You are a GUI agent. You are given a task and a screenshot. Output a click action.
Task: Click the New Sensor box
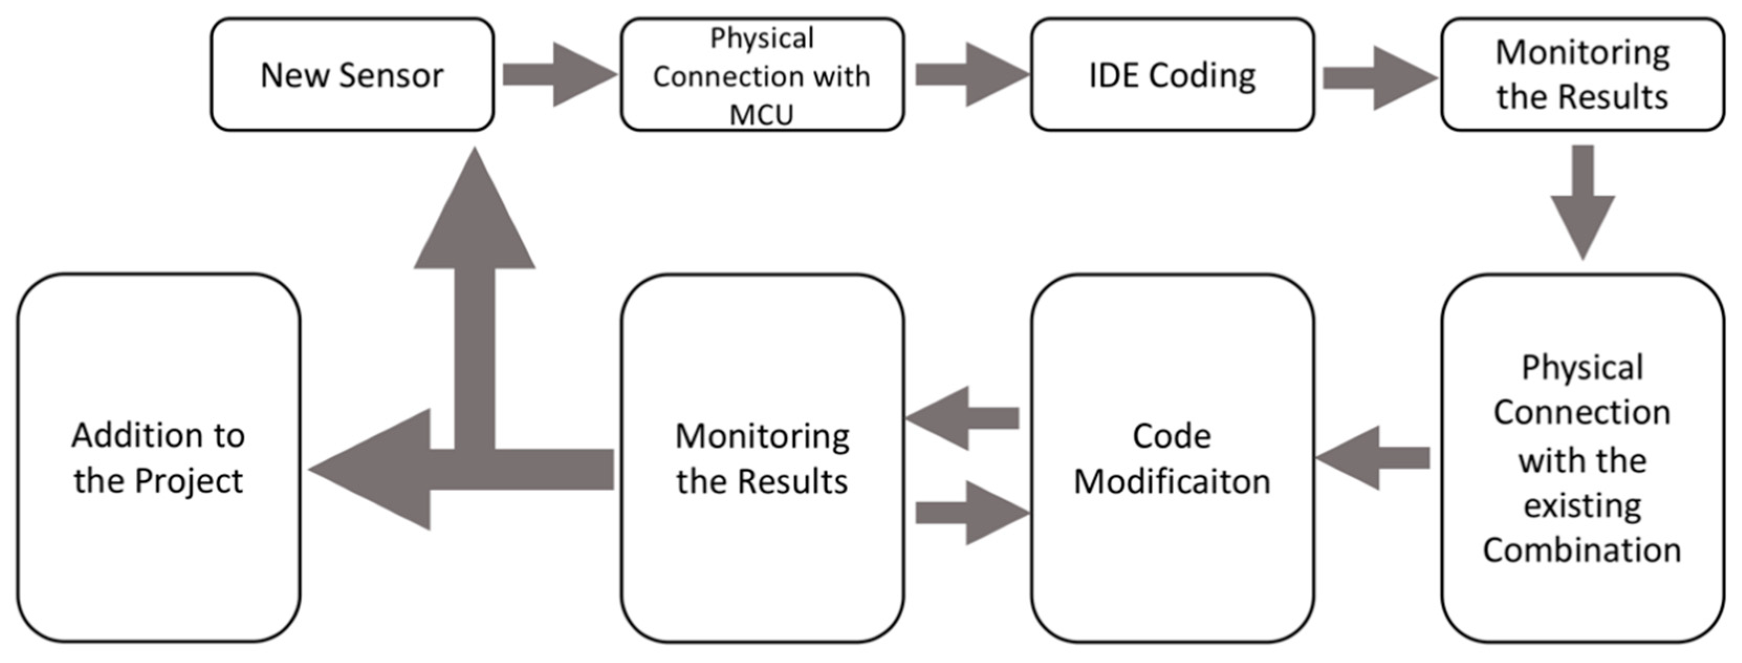point(352,74)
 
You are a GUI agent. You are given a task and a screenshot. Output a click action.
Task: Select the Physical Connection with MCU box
point(762,74)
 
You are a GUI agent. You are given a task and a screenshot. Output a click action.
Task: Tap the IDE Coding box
point(1172,74)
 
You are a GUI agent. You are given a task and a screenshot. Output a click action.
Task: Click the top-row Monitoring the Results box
point(1582,74)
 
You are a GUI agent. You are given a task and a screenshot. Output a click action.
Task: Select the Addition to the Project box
point(158,458)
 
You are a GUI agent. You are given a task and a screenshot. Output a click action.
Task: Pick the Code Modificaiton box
point(1172,458)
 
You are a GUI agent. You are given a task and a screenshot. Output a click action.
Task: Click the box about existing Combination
point(1582,458)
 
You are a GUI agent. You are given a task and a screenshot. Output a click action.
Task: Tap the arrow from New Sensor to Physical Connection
point(558,74)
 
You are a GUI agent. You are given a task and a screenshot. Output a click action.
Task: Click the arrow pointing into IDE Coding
point(970,74)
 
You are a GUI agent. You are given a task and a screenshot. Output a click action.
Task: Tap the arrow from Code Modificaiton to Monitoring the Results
point(963,418)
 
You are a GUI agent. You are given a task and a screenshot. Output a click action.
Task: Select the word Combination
point(1582,550)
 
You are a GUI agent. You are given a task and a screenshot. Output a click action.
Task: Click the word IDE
point(1115,75)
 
